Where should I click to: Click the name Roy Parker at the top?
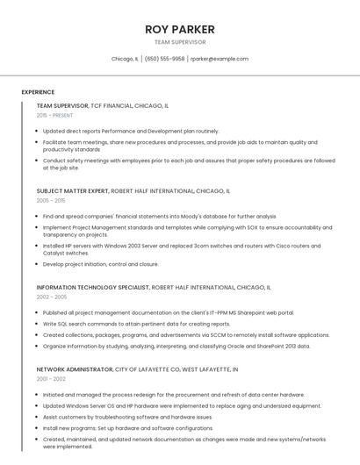pyautogui.click(x=180, y=29)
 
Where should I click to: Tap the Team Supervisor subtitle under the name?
pyautogui.click(x=180, y=41)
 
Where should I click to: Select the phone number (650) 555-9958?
pyautogui.click(x=164, y=59)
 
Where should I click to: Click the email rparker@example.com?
pyautogui.click(x=220, y=59)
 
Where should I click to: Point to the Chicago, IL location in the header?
pyautogui.click(x=125, y=59)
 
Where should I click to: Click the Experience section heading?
pyautogui.click(x=38, y=92)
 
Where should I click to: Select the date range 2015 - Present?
pyautogui.click(x=54, y=115)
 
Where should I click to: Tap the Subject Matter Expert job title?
pyautogui.click(x=73, y=190)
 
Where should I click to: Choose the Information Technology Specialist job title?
pyautogui.click(x=92, y=287)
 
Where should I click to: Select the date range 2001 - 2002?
pyautogui.click(x=52, y=380)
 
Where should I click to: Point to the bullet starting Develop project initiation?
pyautogui.click(x=100, y=264)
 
